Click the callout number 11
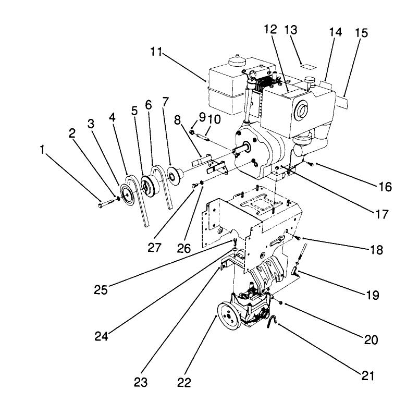155,52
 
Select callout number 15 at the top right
361,33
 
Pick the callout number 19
372,295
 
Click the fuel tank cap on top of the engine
238,59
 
